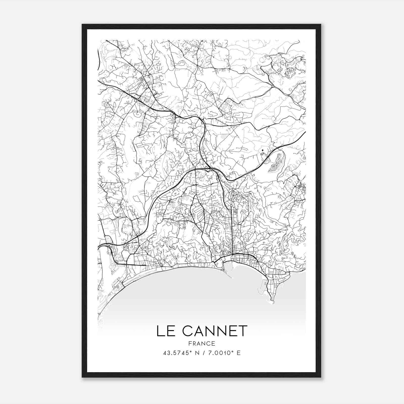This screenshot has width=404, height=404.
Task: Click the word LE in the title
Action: (164, 331)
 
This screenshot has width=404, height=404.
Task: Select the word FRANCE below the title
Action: (201, 344)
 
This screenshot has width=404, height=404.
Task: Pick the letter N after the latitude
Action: (197, 353)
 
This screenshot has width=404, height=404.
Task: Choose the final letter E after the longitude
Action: (239, 353)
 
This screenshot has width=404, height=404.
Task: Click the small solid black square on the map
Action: (263, 150)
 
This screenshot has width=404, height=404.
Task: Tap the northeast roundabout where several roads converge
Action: (273, 87)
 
